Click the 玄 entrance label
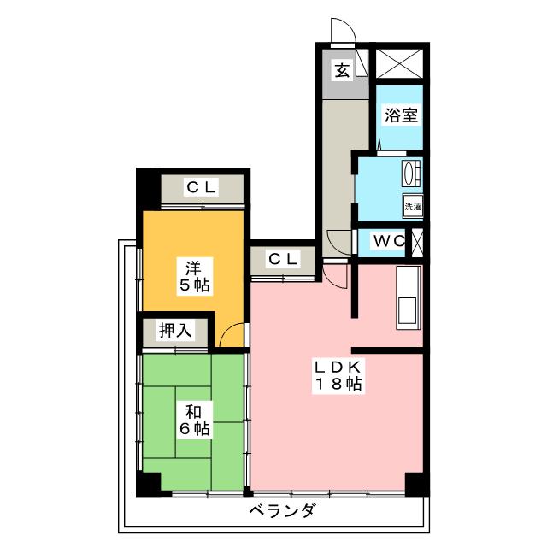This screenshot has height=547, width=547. [x=342, y=71]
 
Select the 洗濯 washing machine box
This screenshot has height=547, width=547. [x=413, y=206]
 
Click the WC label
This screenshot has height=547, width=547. [x=389, y=241]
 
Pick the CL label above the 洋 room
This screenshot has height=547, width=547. [x=202, y=186]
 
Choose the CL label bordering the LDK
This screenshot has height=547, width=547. [x=282, y=258]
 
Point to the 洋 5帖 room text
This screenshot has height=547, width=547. [x=194, y=274]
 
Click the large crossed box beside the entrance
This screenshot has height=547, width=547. [x=399, y=63]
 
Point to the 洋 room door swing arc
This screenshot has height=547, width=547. [x=231, y=338]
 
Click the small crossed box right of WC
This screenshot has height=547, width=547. [x=418, y=241]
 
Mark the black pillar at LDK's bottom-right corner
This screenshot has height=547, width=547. [x=416, y=485]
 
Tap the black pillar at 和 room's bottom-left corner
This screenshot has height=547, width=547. [x=148, y=484]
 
